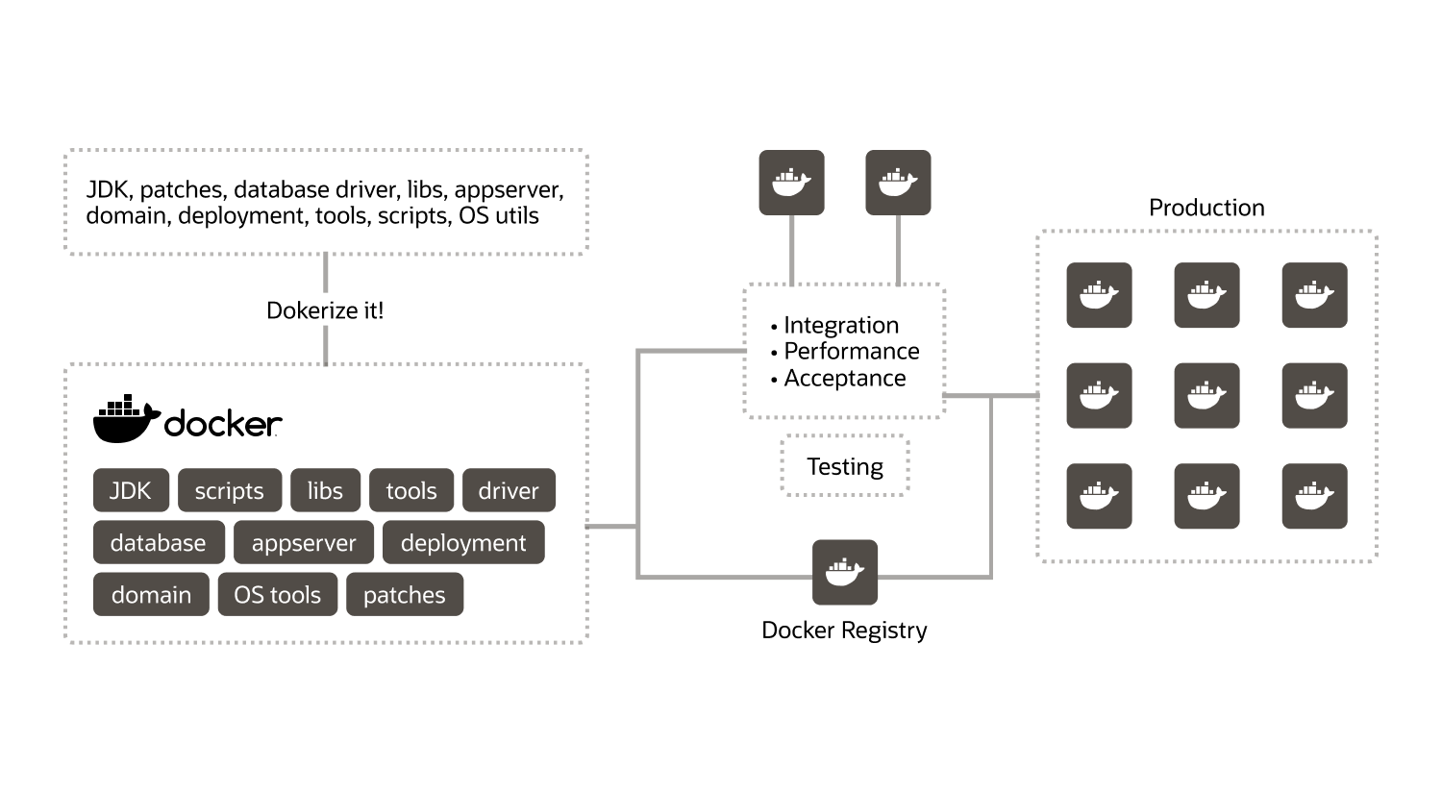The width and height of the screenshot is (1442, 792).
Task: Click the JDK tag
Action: coord(131,490)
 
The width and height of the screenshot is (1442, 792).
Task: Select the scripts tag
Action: coord(230,490)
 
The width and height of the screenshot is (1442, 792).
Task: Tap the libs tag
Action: coord(326,490)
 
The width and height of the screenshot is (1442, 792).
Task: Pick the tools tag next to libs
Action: coord(411,490)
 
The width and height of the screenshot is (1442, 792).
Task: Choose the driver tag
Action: coord(509,490)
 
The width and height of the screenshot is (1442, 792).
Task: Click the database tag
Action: coord(159,542)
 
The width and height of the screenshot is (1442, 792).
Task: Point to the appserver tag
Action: coord(304,542)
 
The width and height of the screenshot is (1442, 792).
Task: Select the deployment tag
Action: coord(463,542)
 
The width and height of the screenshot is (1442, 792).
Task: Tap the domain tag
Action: coord(151,594)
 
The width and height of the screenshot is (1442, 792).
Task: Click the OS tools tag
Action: coord(278,594)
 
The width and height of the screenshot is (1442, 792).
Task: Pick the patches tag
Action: coord(405,594)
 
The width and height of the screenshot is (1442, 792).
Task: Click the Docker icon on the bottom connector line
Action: coord(844,572)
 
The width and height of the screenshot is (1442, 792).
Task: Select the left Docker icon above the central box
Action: coord(791,182)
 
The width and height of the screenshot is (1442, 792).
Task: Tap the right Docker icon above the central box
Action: coord(898,182)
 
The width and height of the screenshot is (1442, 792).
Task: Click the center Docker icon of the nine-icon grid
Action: coord(1206,395)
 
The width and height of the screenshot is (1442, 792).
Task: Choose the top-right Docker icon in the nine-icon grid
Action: coord(1314,295)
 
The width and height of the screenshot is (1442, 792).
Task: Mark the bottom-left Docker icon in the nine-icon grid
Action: coord(1099,496)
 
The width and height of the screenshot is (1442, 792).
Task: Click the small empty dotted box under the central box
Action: coord(844,465)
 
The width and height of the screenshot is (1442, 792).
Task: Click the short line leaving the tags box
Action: coord(610,527)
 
